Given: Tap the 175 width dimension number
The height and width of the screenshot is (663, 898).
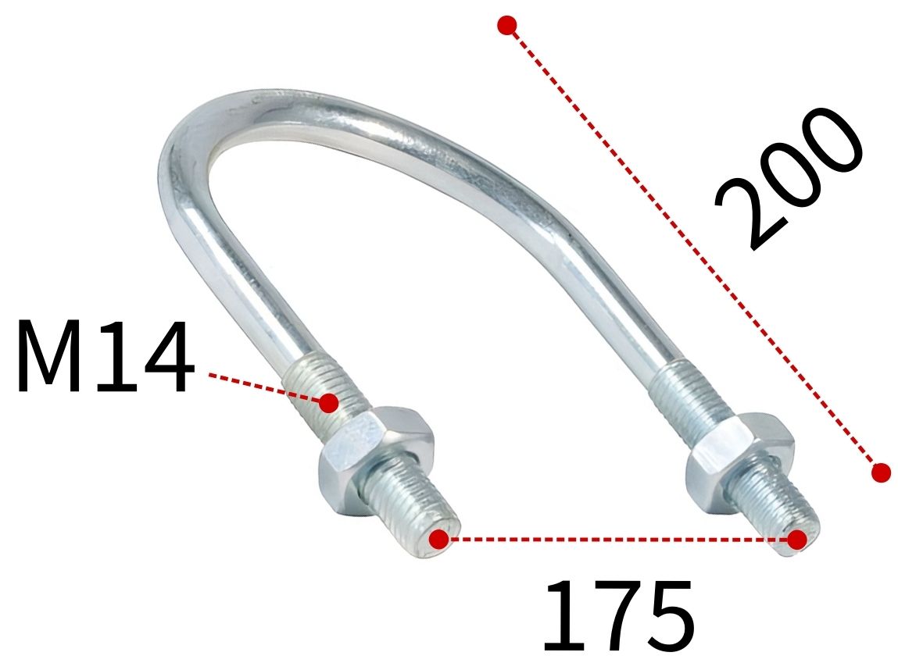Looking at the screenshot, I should pyautogui.click(x=617, y=616).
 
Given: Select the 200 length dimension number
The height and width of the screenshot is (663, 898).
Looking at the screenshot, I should pyautogui.click(x=789, y=180).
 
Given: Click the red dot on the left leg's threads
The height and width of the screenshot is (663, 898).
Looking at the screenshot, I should pyautogui.click(x=329, y=403).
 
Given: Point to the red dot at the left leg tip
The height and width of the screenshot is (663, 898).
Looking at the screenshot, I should pyautogui.click(x=439, y=539).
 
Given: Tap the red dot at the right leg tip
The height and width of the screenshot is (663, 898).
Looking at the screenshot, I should pyautogui.click(x=796, y=539).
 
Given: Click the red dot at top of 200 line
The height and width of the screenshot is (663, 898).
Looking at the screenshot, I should pyautogui.click(x=507, y=25).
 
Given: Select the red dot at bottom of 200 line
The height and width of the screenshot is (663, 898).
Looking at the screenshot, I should pyautogui.click(x=881, y=472).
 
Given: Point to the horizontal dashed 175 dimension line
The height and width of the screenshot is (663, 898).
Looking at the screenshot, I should pyautogui.click(x=617, y=539).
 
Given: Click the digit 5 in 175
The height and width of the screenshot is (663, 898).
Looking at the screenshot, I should pyautogui.click(x=665, y=616).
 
